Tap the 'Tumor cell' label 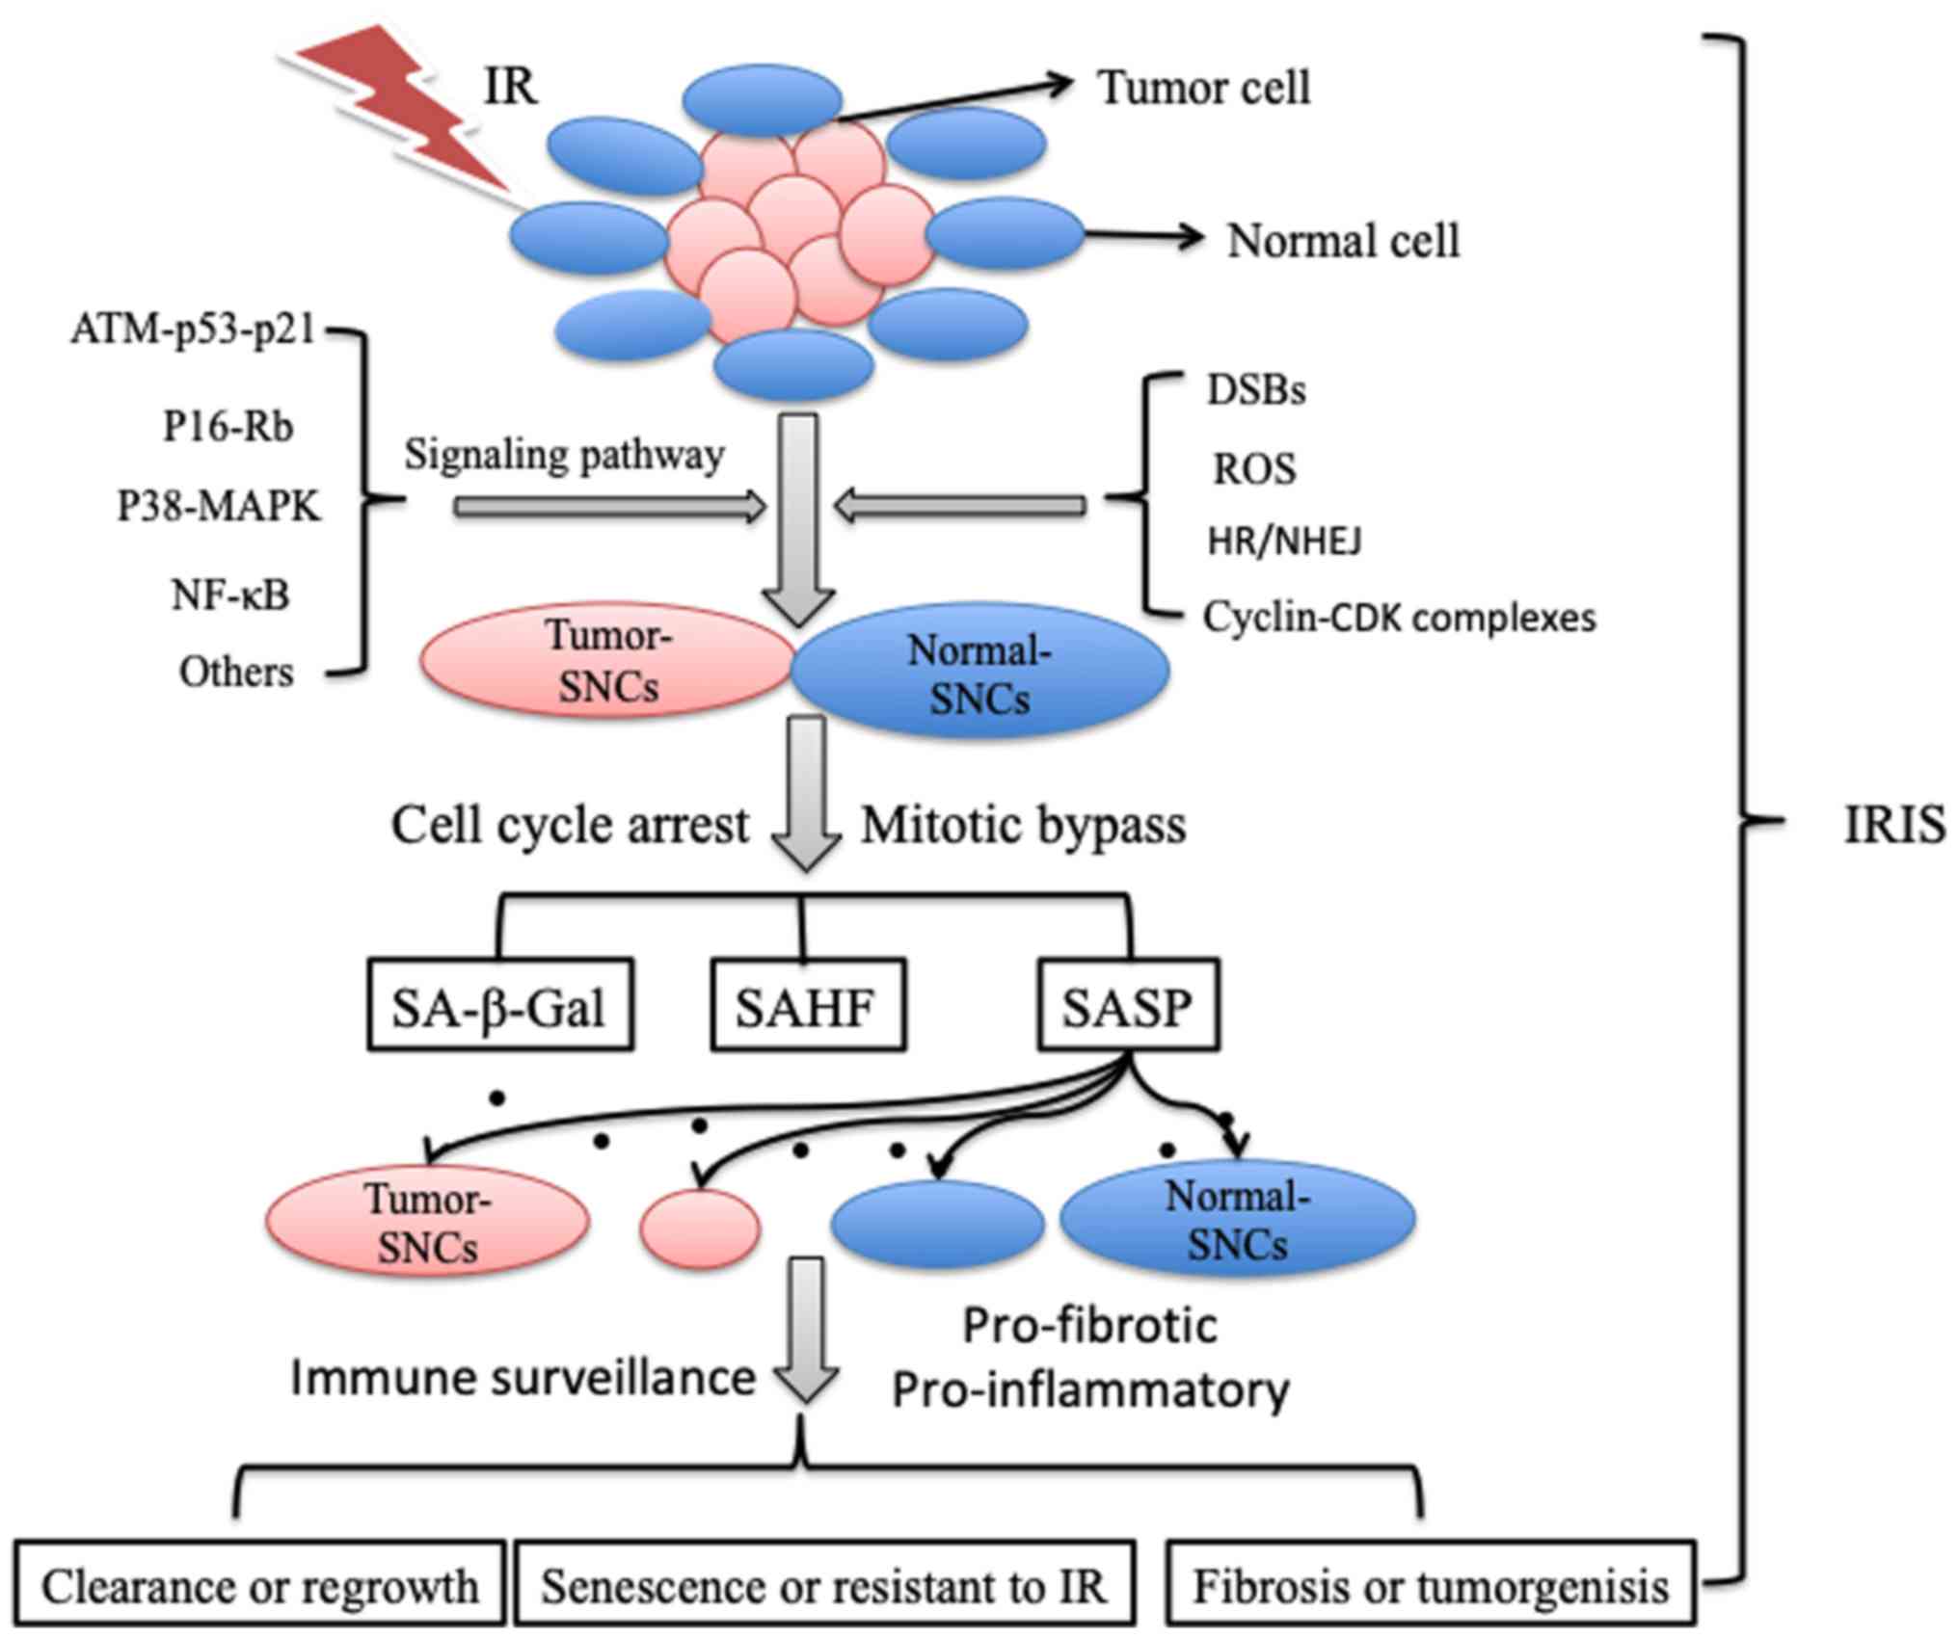click(1203, 88)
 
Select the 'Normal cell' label click(1342, 241)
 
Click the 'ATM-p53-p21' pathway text click(193, 330)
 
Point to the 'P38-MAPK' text click(218, 506)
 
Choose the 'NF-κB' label click(230, 595)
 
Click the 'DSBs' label click(1256, 390)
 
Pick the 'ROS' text click(1253, 469)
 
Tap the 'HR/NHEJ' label click(1284, 542)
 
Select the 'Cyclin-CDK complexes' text click(1399, 618)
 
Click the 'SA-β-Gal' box click(499, 1005)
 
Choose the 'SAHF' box click(808, 1005)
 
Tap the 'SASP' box click(1128, 1005)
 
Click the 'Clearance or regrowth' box click(259, 1586)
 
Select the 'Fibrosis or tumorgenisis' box click(1431, 1586)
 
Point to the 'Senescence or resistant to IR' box click(824, 1586)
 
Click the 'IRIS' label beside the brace click(1893, 825)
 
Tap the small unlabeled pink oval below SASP click(701, 1229)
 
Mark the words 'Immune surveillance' click(523, 1378)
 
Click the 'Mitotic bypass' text click(1024, 826)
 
